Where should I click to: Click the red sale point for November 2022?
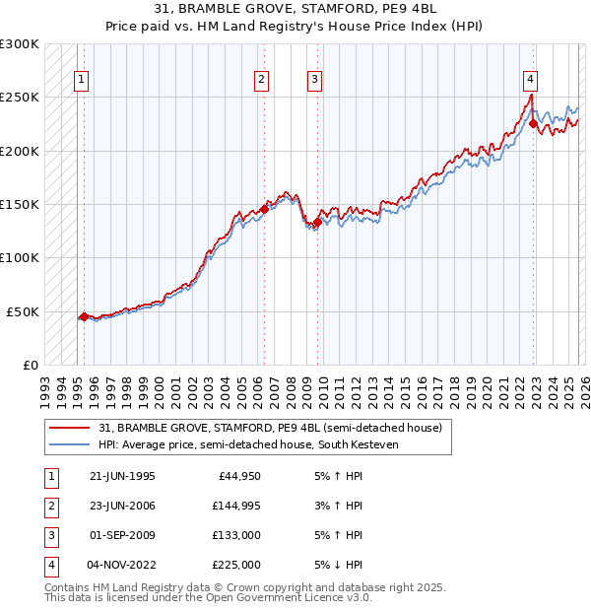pos(533,124)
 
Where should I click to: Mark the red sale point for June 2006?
pos(265,209)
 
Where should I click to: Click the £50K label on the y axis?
pos(24,311)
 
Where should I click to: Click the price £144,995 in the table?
pos(235,506)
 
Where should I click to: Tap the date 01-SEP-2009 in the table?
pos(122,535)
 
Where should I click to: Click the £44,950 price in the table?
pos(238,476)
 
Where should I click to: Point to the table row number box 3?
pos(48,535)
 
